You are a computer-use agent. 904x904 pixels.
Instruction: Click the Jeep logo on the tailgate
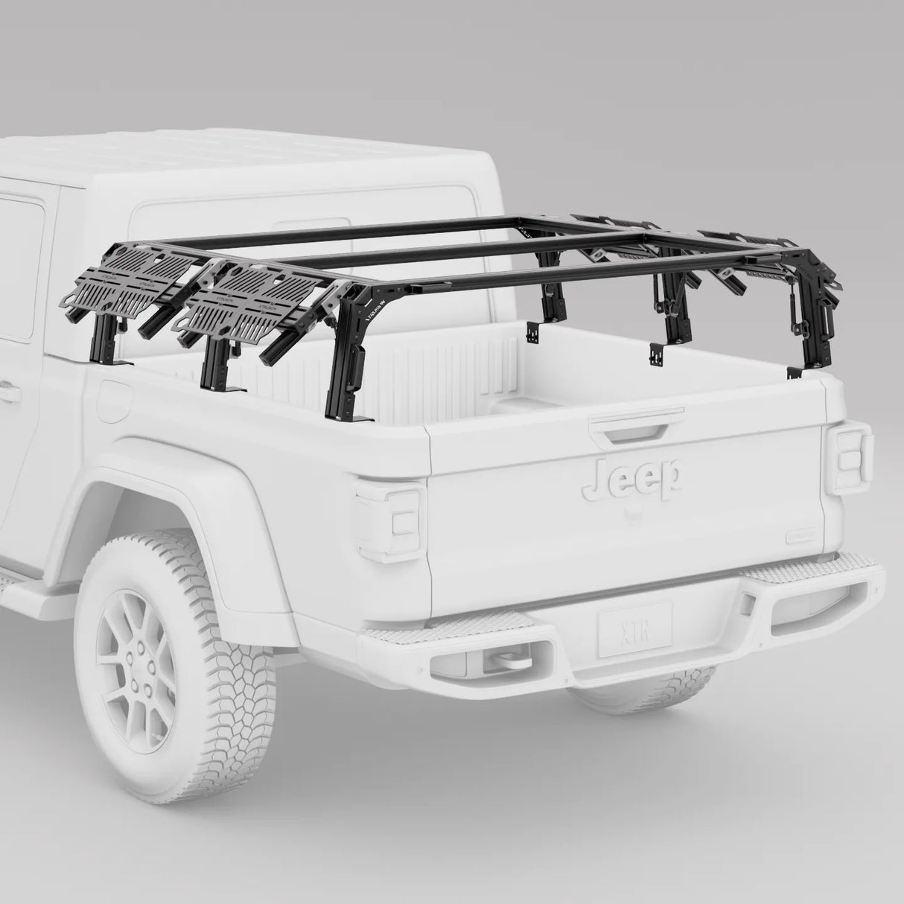coord(632,477)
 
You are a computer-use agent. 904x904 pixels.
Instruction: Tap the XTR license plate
coord(634,630)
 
